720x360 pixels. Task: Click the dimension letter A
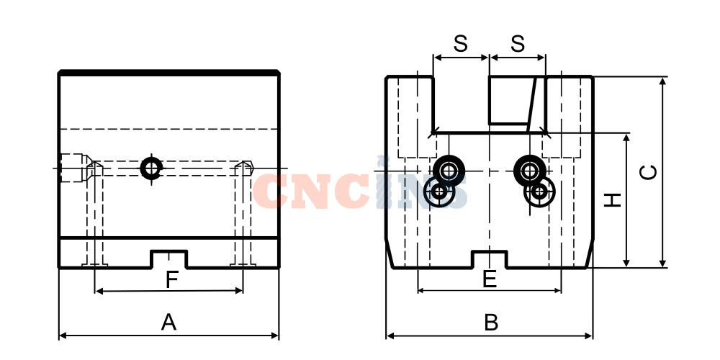click(168, 323)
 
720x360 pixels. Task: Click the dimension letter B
click(491, 323)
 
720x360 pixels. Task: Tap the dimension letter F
click(172, 280)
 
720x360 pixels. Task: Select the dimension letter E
click(490, 279)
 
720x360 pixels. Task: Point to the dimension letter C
click(649, 172)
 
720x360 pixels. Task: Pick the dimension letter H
click(613, 200)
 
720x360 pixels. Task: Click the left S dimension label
click(461, 44)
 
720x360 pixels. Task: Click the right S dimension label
click(518, 44)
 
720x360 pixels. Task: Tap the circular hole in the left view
click(151, 168)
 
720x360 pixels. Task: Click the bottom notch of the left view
click(169, 259)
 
